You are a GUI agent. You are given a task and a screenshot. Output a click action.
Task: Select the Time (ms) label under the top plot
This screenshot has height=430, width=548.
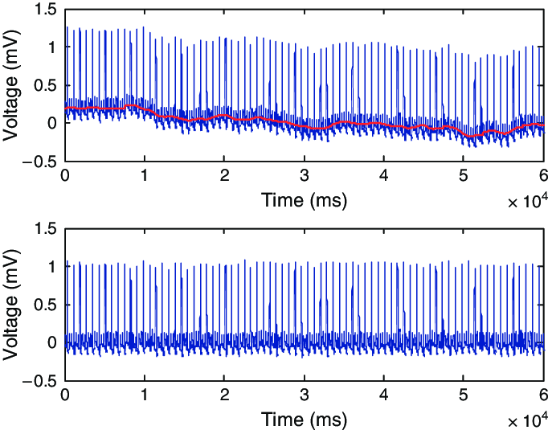coord(304,201)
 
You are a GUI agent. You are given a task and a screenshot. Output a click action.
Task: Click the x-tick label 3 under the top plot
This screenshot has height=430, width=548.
coord(304,177)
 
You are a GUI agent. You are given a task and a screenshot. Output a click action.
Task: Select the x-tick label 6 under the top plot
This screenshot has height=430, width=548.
coord(543,177)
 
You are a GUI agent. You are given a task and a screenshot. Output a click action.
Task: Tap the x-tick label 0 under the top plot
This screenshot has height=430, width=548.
coord(65,177)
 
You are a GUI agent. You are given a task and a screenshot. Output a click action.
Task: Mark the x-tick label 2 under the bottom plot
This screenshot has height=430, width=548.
coord(224,395)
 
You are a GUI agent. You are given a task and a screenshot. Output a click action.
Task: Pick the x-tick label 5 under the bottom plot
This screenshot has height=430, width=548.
coord(464,395)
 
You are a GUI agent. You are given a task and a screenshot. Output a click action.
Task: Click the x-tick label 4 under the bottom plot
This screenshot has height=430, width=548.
coord(384,395)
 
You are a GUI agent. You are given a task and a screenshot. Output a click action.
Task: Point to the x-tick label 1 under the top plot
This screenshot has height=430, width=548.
coord(145,177)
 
